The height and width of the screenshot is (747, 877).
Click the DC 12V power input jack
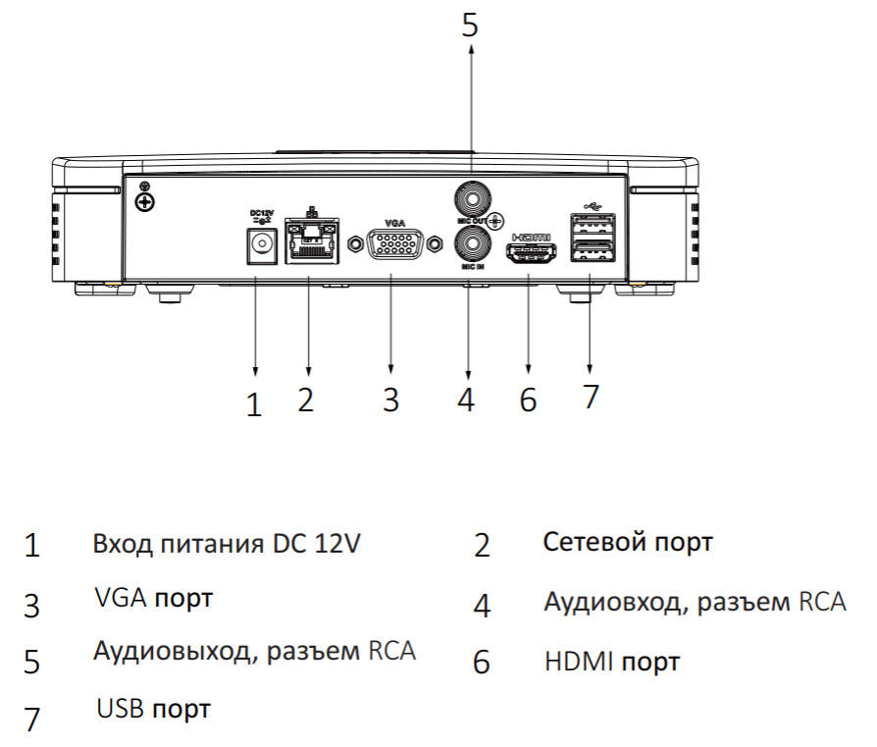point(258,244)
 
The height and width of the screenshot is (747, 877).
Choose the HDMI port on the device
point(531,253)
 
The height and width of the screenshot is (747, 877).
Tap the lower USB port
point(591,254)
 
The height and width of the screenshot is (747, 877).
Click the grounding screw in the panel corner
point(145,201)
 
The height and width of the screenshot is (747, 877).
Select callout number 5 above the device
point(471,24)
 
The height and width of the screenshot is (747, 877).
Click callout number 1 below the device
point(255,404)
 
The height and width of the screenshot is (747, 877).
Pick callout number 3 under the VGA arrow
point(391,400)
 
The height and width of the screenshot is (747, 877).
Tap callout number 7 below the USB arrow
point(590,397)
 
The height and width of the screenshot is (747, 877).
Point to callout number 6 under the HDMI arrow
point(529,400)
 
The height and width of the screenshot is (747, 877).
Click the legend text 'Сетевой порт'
point(628,542)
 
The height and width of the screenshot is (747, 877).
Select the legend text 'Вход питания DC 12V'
point(228,543)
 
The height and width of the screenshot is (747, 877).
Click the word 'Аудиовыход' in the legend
point(165,651)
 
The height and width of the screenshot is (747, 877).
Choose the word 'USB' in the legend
point(120,708)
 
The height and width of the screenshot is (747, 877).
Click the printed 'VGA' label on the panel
point(394,223)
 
